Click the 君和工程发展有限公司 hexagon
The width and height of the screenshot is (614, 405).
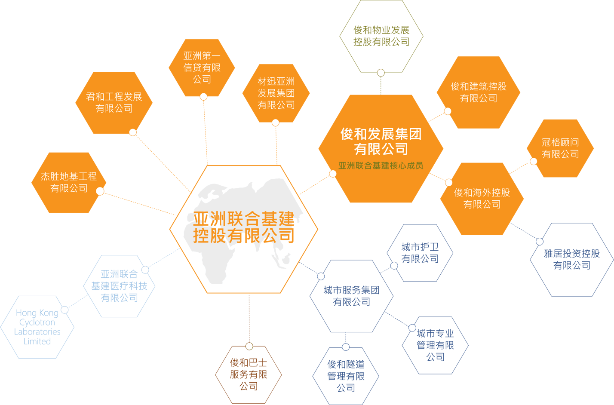tap(114, 103)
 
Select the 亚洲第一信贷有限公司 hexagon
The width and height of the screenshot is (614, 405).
tap(202, 67)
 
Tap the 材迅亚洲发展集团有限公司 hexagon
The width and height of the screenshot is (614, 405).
tap(276, 93)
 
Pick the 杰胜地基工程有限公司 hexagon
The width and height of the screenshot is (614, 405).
tap(69, 182)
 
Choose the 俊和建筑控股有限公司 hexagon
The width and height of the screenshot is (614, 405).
tap(479, 92)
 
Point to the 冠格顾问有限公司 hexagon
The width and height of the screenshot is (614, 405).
tap(560, 148)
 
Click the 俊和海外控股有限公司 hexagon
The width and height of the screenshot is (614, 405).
tap(482, 199)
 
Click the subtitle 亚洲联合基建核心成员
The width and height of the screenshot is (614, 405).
tap(381, 166)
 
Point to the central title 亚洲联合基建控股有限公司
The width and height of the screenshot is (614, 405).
tap(244, 227)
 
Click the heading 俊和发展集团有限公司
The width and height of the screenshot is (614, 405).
tap(381, 141)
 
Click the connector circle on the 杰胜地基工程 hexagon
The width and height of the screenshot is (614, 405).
tap(100, 191)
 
